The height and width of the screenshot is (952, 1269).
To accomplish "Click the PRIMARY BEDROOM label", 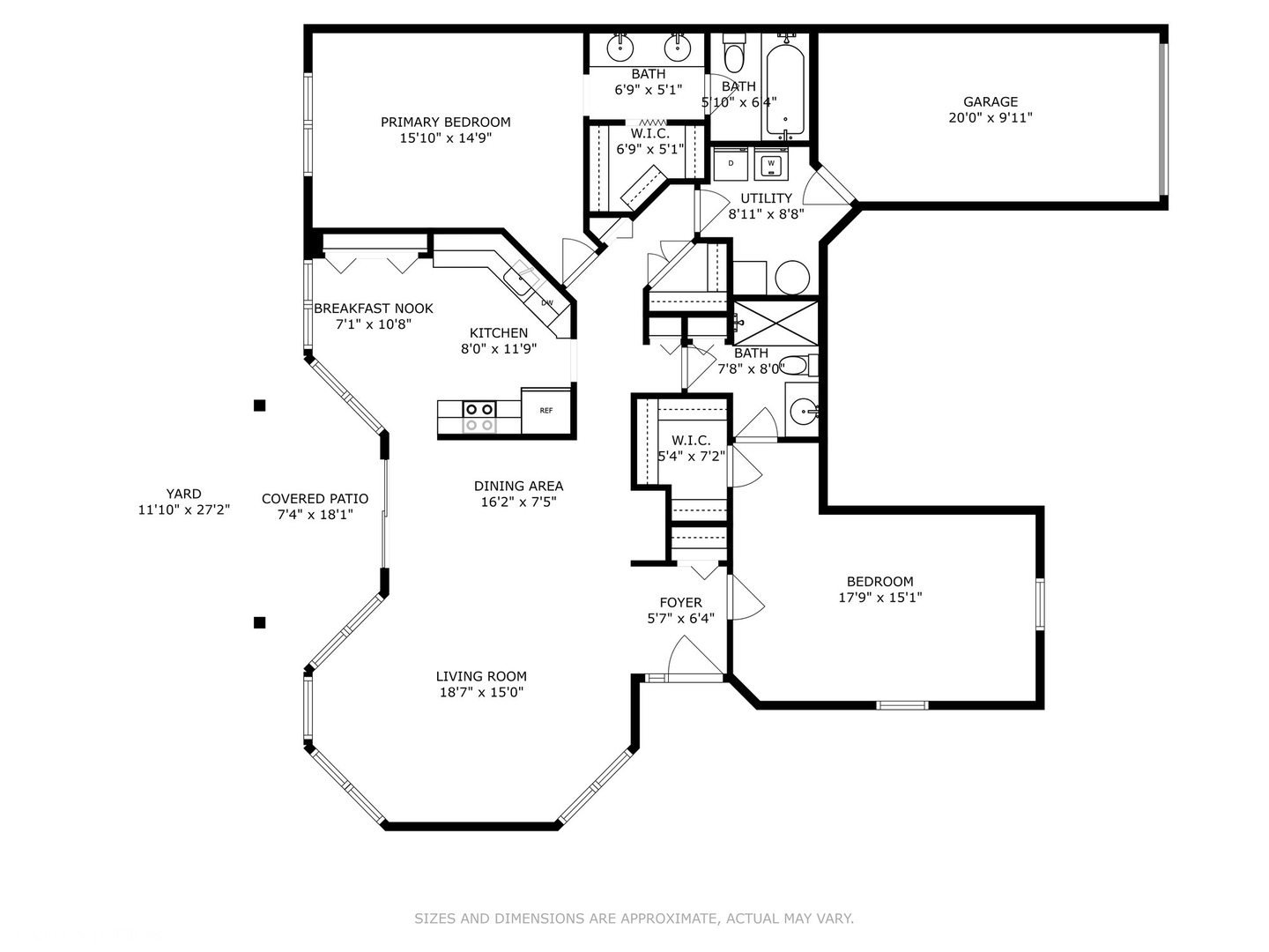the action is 445,122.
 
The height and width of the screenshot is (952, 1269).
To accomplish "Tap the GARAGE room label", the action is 990,101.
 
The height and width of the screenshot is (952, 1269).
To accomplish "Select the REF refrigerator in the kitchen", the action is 545,411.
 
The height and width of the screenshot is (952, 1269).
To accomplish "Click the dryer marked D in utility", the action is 731,164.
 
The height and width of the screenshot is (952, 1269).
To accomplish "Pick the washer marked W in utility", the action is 771,164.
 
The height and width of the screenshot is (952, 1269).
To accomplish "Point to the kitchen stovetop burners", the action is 479,417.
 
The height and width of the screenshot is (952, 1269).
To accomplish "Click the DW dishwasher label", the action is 546,303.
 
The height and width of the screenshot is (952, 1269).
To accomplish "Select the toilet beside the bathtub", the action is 734,52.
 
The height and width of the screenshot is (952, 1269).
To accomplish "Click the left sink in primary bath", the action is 620,48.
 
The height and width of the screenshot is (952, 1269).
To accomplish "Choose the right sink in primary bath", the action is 677,48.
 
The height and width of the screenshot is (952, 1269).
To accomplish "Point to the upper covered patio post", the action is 260,405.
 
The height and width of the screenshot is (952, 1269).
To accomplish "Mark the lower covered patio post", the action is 260,622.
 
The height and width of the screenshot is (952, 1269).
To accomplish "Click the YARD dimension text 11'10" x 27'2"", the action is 184,509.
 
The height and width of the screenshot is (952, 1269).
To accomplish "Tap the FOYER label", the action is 680,602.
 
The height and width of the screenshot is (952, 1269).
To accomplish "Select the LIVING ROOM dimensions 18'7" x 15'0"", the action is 481,692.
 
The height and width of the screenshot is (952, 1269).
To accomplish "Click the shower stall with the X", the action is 775,324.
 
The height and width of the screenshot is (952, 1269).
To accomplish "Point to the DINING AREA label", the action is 518,486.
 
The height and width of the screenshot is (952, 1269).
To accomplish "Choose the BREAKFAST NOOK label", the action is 374,309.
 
